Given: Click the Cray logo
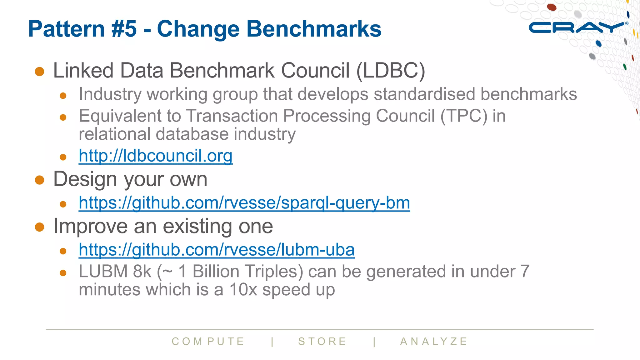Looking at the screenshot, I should click(x=577, y=27).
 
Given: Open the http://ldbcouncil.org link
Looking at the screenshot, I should click(x=155, y=156).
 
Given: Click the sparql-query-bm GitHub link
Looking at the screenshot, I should click(x=244, y=203).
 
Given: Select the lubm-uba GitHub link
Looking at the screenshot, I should click(x=217, y=250).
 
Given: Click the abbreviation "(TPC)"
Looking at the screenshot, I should click(x=464, y=116).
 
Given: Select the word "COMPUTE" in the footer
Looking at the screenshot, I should click(x=208, y=341).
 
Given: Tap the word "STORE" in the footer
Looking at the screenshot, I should click(x=322, y=341).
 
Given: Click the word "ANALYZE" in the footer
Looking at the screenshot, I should click(x=434, y=341).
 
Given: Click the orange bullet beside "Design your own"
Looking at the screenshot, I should click(x=40, y=180).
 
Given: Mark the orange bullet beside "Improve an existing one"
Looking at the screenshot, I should click(x=40, y=227).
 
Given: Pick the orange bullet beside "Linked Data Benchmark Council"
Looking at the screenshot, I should click(x=40, y=71).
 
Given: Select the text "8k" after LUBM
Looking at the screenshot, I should click(x=142, y=271).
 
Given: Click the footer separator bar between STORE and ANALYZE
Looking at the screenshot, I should click(x=374, y=342).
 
